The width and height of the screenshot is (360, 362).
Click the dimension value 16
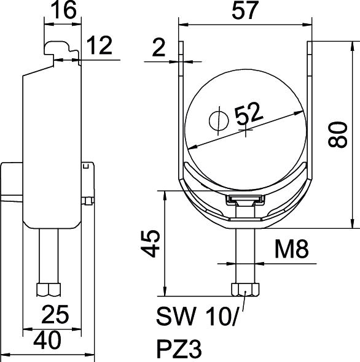pyautogui.click(x=63, y=10)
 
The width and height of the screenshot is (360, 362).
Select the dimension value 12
pyautogui.click(x=100, y=45)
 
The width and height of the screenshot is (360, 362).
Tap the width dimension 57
pyautogui.click(x=245, y=10)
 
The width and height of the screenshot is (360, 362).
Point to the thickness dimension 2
pyautogui.click(x=158, y=48)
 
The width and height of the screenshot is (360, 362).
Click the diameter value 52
pyautogui.click(x=249, y=114)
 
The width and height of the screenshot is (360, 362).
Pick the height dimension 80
pyautogui.click(x=338, y=134)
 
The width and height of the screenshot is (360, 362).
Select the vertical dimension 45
pyautogui.click(x=151, y=243)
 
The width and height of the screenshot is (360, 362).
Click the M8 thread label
pyautogui.click(x=292, y=249)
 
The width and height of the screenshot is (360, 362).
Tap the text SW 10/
pyautogui.click(x=197, y=317)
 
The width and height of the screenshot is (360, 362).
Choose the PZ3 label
pyautogui.click(x=179, y=349)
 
